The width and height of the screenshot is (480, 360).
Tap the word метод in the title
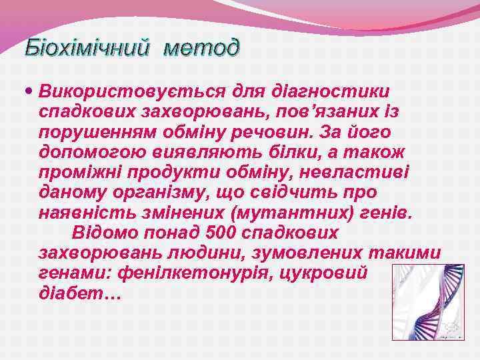click(x=201, y=49)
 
